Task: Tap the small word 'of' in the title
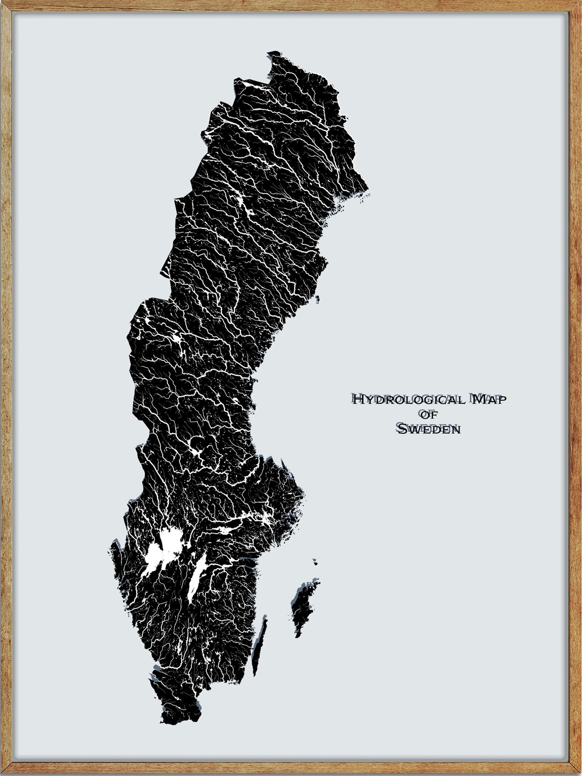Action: click(x=427, y=414)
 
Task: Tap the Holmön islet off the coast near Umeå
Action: click(x=318, y=300)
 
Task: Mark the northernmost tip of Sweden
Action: click(x=276, y=52)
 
